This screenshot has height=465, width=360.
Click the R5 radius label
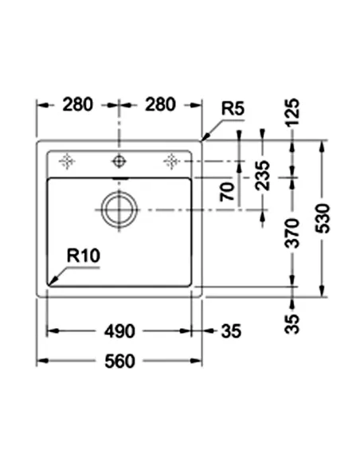pyautogui.click(x=233, y=107)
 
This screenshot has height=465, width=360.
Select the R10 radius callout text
pyautogui.click(x=82, y=256)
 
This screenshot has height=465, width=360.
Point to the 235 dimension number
pyautogui.click(x=264, y=176)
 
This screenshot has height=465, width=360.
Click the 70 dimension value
pyautogui.click(x=228, y=192)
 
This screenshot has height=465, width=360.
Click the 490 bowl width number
pyautogui.click(x=119, y=330)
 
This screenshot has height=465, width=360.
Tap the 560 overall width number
pyautogui.click(x=119, y=361)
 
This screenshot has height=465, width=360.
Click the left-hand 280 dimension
pyautogui.click(x=78, y=104)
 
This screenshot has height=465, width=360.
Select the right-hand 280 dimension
pyautogui.click(x=160, y=104)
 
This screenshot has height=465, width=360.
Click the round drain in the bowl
pyautogui.click(x=119, y=210)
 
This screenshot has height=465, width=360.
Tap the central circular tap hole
pyautogui.click(x=119, y=162)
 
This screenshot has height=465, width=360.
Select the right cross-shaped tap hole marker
pyautogui.click(x=170, y=162)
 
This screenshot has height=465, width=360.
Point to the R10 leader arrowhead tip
pyautogui.click(x=49, y=283)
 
